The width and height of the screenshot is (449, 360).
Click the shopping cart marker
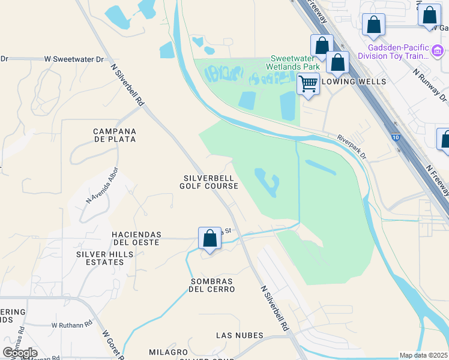(309, 84)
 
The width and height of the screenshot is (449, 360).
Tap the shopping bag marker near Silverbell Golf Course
(209, 238)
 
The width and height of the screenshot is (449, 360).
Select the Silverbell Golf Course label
(209, 182)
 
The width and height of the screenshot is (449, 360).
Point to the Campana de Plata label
(115, 135)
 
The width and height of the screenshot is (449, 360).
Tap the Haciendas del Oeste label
(136, 238)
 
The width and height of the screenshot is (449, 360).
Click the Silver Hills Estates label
(104, 258)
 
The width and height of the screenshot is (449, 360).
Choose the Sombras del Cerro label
(212, 285)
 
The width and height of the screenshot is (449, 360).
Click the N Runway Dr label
(429, 85)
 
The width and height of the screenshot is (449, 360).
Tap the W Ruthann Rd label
(71, 324)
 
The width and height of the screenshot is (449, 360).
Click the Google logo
(20, 353)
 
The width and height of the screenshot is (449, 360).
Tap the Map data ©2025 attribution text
(424, 355)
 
